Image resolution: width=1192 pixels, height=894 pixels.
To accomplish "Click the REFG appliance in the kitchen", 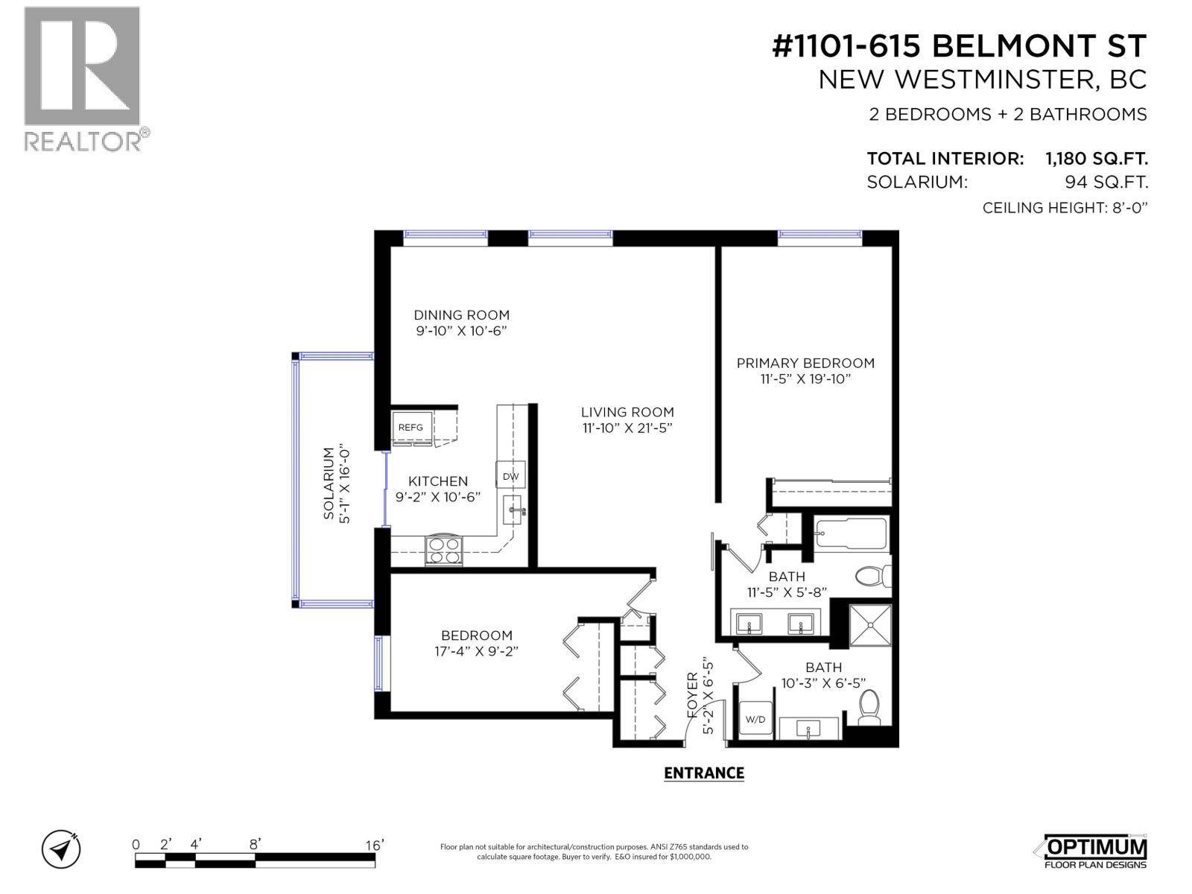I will point(410,427).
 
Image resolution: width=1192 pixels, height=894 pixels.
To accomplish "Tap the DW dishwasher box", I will point(510,476).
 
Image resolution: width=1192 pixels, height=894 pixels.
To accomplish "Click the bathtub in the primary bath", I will point(851,533).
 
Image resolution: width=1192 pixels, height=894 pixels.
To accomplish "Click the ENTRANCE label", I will point(703,773).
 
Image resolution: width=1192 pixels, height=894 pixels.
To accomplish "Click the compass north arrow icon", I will point(62,849).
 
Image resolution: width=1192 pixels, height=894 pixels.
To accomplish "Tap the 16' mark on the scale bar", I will point(374,845).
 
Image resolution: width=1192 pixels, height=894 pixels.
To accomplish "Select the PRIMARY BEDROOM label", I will point(805,363).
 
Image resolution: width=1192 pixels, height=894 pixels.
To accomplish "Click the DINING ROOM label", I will point(461,315).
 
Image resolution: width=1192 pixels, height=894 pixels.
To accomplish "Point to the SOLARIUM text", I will point(329,484).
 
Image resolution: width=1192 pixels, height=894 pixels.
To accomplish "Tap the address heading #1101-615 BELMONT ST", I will point(959,47).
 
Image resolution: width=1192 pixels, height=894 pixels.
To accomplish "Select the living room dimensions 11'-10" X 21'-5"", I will point(628,428).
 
